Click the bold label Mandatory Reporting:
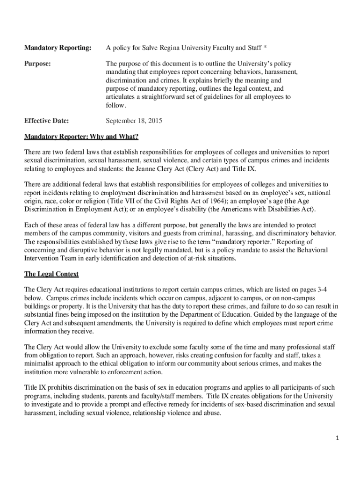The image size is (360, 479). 58,47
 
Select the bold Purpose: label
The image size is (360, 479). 37,63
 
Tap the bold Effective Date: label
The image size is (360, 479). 46,121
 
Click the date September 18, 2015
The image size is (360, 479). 134,121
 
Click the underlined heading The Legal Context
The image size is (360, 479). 51,274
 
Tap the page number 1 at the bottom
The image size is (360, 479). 337,438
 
